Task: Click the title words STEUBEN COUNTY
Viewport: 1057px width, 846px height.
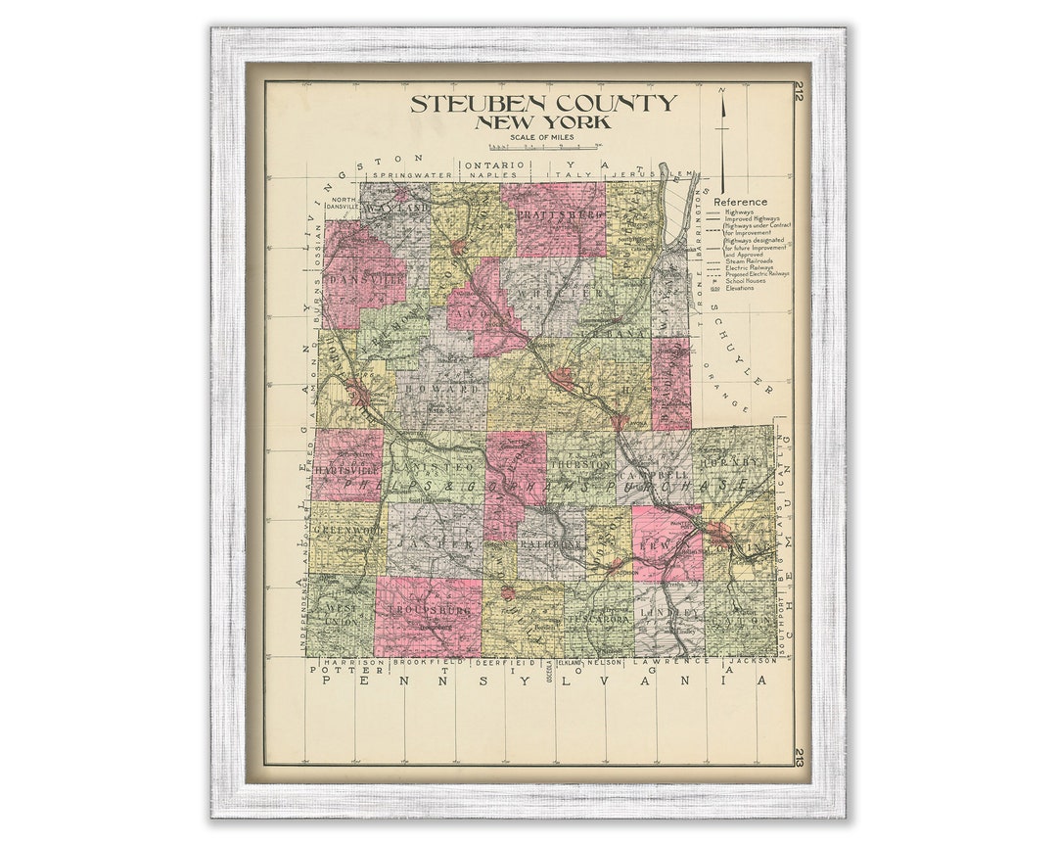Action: (x=542, y=103)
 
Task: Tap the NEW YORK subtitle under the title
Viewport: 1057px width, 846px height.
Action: (x=542, y=122)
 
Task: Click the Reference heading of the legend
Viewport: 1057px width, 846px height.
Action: (x=741, y=202)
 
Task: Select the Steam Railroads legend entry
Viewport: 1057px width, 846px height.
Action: (x=749, y=261)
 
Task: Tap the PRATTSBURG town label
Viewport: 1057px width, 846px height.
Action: (x=554, y=213)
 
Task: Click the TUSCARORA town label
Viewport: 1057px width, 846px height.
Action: (x=599, y=617)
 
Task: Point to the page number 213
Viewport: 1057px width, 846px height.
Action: (x=799, y=755)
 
